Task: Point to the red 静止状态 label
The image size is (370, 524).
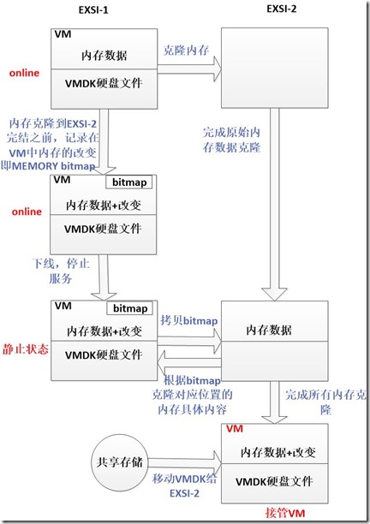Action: coord(27,350)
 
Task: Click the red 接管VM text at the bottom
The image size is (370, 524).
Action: coord(278,510)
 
